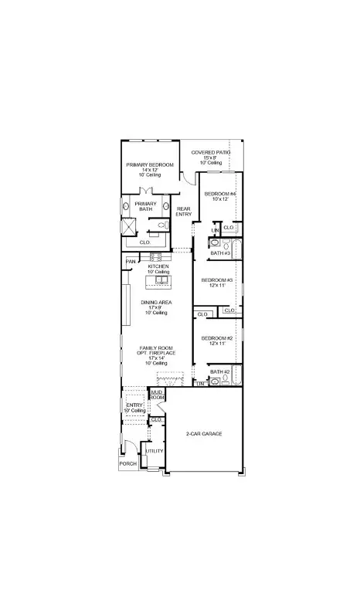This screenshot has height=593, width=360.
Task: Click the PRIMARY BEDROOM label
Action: pos(150,165)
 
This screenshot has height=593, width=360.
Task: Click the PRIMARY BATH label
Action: pos(145,207)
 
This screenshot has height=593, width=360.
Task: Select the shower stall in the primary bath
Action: pos(128,227)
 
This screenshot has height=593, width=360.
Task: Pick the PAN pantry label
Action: pos(131,261)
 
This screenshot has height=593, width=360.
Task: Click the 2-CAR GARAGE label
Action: pos(204,434)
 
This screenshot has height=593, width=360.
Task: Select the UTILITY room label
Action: pos(155,450)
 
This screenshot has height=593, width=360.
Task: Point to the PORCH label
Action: pos(127,463)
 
